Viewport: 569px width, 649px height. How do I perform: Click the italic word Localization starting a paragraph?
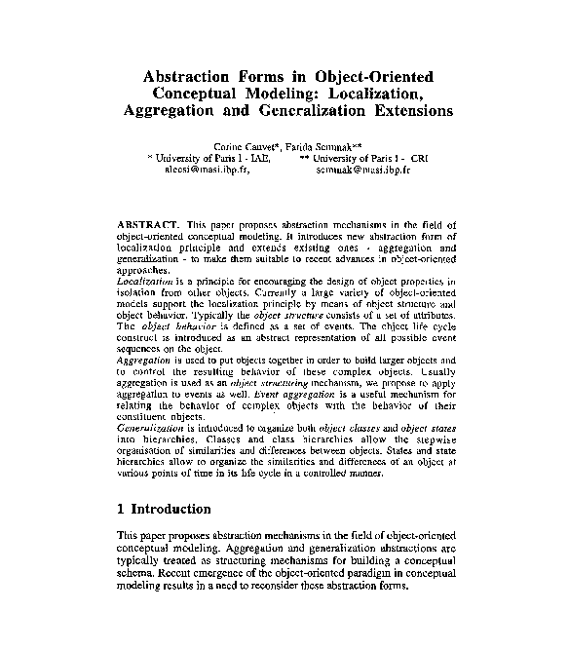[143, 280]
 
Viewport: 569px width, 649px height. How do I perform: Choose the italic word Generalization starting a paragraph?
[150, 426]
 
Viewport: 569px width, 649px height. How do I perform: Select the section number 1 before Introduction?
[121, 509]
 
